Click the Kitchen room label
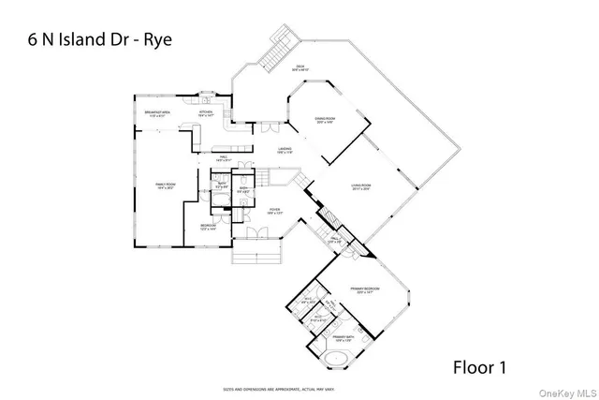[207, 112]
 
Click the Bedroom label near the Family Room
[208, 226]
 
